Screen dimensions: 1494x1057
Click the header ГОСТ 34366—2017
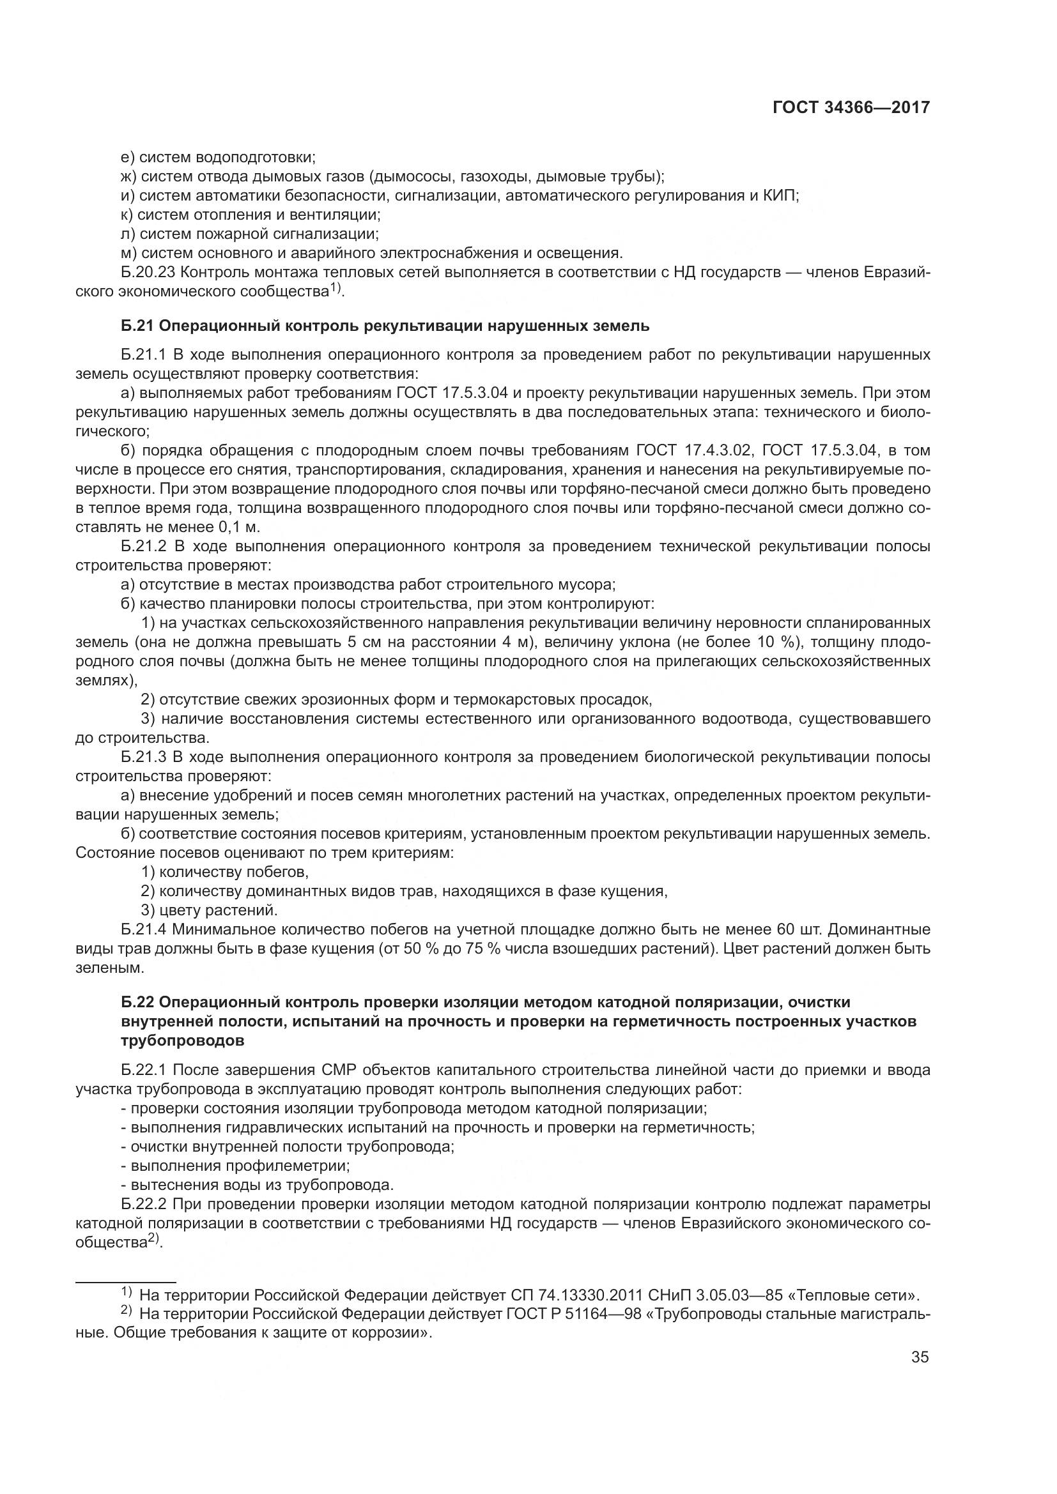[851, 107]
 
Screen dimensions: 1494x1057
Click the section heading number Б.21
[138, 326]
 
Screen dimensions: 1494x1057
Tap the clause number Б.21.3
[144, 758]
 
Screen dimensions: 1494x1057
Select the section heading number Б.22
[138, 1003]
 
